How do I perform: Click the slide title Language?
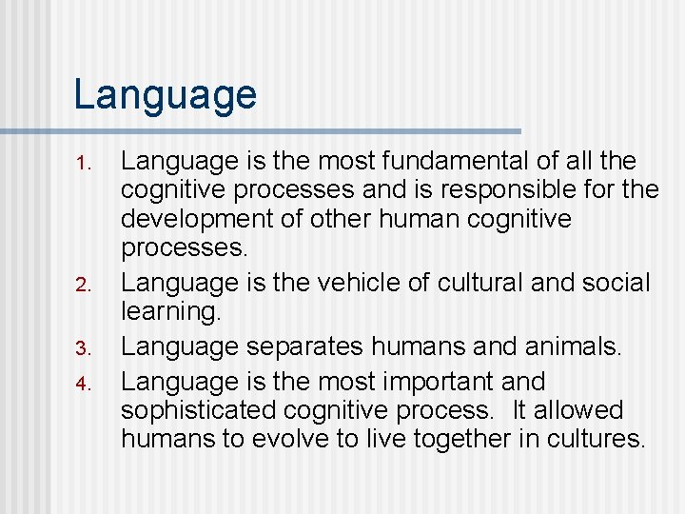(165, 95)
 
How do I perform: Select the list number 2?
(84, 285)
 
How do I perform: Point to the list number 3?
(84, 348)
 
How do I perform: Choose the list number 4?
(84, 384)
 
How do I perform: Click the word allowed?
(578, 411)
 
